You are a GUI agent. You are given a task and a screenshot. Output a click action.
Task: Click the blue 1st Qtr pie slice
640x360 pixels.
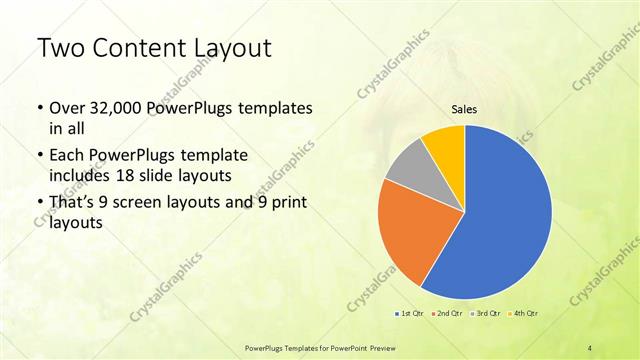point(505,215)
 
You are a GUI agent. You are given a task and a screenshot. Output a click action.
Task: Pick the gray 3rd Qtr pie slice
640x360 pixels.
point(408,168)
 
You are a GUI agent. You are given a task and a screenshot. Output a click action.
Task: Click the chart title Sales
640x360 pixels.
point(464,109)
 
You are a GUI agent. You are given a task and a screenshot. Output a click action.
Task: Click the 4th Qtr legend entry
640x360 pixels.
point(527,313)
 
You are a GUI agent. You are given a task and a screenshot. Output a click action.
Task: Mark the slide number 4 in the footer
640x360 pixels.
point(589,347)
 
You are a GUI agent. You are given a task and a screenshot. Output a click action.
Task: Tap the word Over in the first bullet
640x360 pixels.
point(67,107)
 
